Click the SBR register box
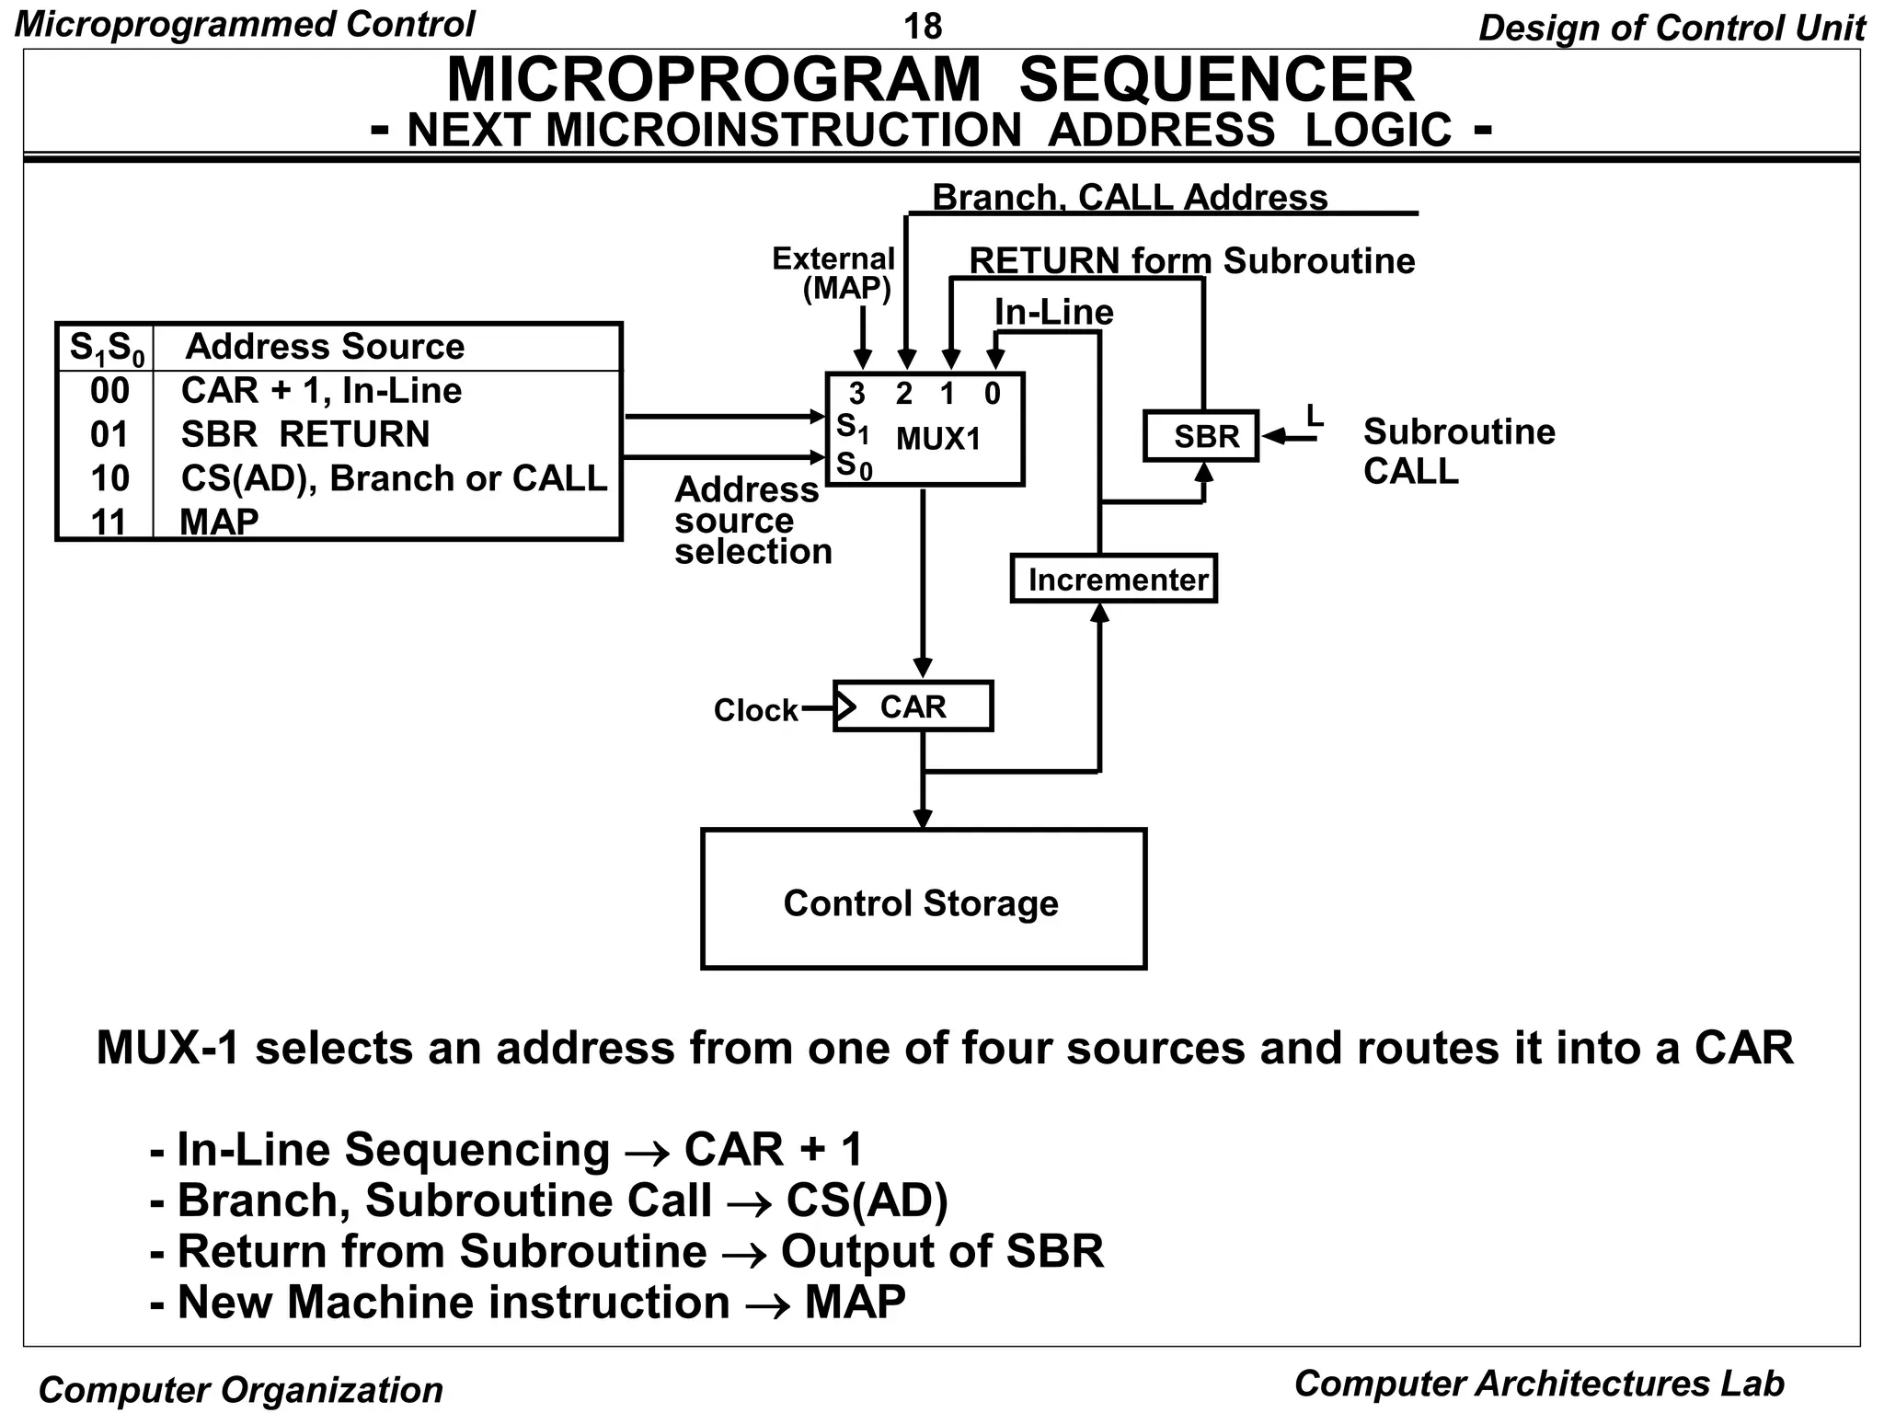click(x=1200, y=436)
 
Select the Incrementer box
click(x=1114, y=580)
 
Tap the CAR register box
click(x=913, y=706)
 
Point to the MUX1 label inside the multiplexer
click(x=938, y=440)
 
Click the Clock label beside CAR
click(x=755, y=710)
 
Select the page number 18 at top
click(x=923, y=26)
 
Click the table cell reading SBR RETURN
click(x=305, y=434)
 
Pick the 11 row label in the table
click(x=109, y=522)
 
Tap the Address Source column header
click(x=325, y=347)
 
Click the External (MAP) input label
click(x=833, y=273)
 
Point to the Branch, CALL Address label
click(x=1130, y=197)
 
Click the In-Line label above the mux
click(x=1053, y=312)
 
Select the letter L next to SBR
click(x=1315, y=416)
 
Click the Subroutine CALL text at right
click(x=1458, y=451)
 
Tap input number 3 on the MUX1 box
click(x=856, y=394)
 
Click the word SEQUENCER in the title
click(x=1215, y=80)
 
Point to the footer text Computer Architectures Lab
click(x=1538, y=1384)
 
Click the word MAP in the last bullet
click(x=855, y=1303)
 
